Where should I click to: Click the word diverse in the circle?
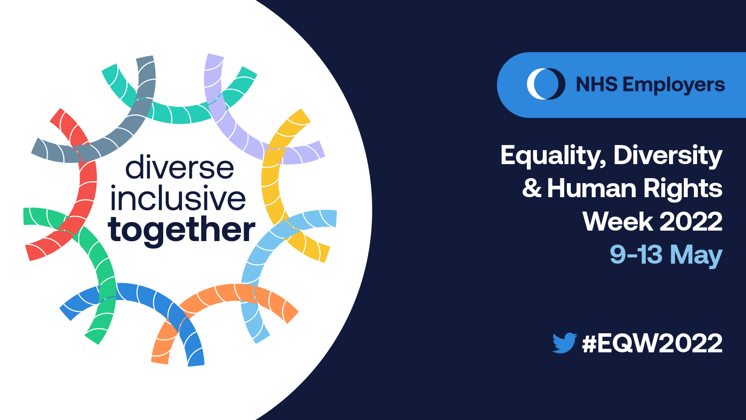[180, 167]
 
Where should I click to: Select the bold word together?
[181, 230]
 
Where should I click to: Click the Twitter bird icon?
[565, 343]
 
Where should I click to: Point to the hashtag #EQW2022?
[652, 343]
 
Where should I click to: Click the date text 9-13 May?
[666, 255]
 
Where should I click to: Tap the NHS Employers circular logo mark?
[546, 84]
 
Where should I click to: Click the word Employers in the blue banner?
[674, 85]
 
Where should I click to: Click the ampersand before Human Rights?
[532, 188]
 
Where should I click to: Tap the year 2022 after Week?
[691, 222]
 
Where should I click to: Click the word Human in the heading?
[592, 189]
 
